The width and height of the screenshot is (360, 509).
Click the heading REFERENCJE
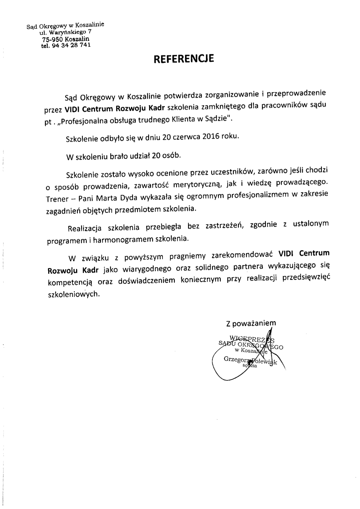[184, 59]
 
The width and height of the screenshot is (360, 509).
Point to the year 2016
[210, 136]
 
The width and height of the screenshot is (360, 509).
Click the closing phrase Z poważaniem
[251, 323]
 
